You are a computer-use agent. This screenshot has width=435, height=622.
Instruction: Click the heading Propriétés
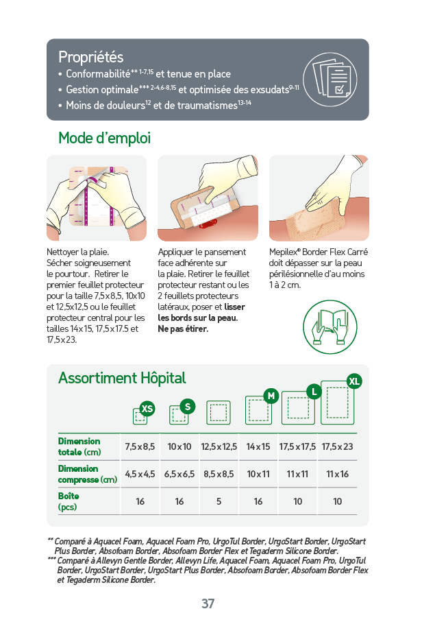(90, 57)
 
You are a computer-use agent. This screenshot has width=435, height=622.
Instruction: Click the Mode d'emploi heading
(105, 138)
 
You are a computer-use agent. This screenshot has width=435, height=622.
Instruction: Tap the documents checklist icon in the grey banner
(330, 80)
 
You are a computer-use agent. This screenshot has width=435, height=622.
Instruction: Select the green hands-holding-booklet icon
(330, 327)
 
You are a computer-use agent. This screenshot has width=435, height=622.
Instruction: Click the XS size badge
(147, 409)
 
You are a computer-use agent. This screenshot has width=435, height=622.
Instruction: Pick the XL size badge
(353, 381)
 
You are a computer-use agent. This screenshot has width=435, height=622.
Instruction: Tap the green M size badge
(271, 396)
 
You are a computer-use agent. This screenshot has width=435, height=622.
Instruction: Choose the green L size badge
(314, 392)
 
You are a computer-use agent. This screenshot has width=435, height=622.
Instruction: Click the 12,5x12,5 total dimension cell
(219, 446)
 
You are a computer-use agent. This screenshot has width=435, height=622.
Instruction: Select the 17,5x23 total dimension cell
(337, 446)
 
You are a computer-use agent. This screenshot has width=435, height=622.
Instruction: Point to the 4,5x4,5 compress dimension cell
(140, 474)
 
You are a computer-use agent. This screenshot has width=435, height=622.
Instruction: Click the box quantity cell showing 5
(219, 501)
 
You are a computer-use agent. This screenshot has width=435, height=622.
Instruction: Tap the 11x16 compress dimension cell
(337, 474)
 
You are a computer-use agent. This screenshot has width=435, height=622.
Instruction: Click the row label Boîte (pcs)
(69, 501)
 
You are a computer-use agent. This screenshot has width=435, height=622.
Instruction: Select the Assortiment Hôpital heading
(122, 378)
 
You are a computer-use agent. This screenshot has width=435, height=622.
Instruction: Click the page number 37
(208, 603)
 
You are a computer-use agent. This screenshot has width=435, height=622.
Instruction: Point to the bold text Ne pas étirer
(183, 329)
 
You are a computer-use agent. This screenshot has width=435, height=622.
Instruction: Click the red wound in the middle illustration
(208, 224)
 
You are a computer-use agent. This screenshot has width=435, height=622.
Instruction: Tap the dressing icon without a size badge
(219, 413)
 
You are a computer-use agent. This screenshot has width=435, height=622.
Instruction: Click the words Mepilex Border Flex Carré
(319, 252)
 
